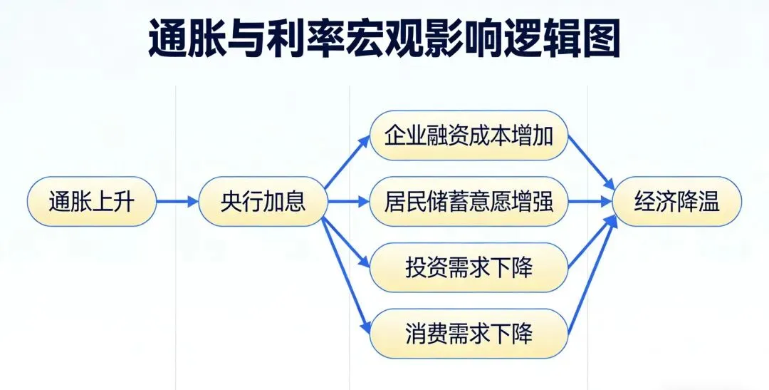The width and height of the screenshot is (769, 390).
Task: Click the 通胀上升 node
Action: pos(92,202)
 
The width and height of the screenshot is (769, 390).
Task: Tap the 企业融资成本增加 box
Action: pos(469,135)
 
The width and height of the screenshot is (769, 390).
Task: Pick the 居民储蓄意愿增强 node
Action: pos(469,202)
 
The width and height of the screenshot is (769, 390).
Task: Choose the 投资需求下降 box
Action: pos(469,268)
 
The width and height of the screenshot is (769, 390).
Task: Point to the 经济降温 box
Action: pos(676,202)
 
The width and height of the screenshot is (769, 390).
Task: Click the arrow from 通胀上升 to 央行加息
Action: pos(177,202)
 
